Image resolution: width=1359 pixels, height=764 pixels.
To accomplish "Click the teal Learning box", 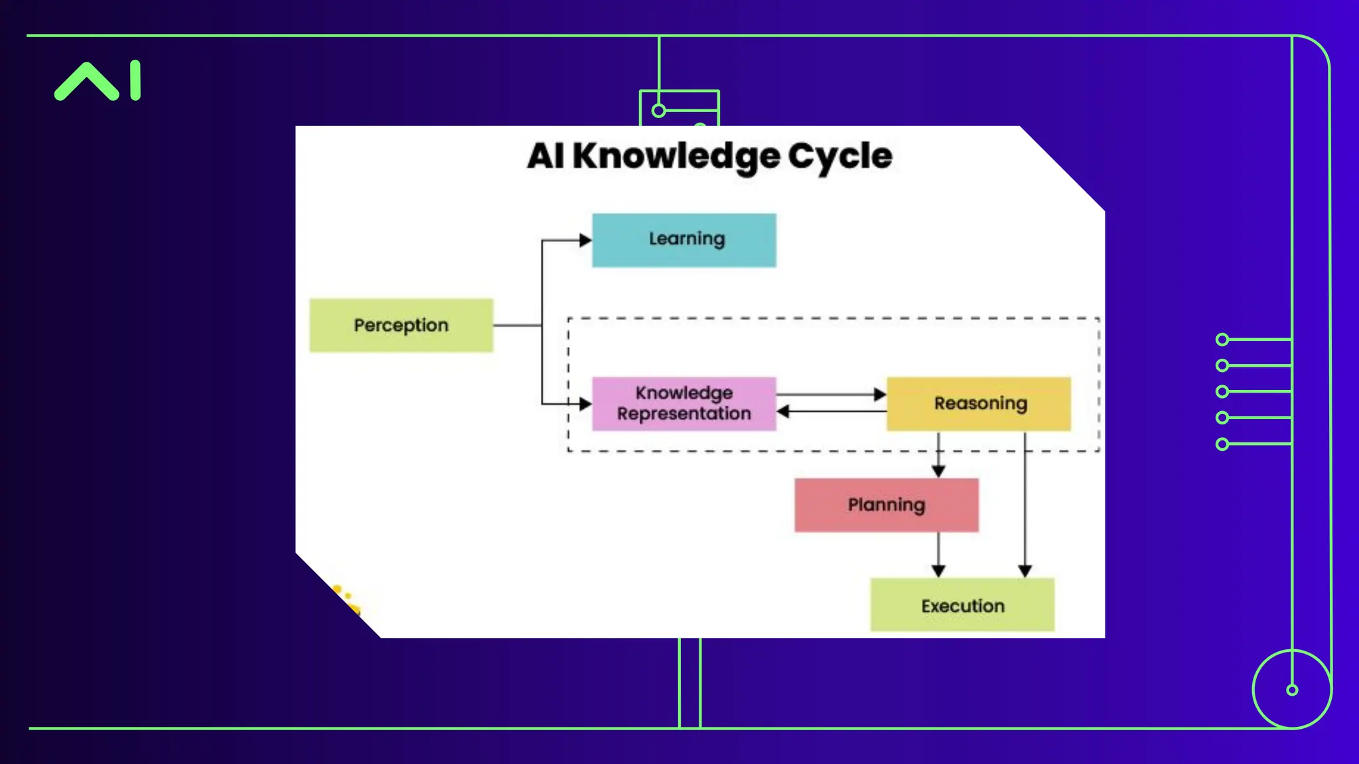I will click(683, 240).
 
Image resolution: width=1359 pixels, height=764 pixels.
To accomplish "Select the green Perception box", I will click(401, 325).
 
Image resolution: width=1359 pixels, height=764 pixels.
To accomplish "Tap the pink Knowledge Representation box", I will click(683, 403).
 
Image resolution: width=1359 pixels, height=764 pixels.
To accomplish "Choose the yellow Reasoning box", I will click(979, 403).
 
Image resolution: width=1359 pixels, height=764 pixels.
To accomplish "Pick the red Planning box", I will click(886, 505).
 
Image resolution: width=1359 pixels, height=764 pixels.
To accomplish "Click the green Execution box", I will click(962, 605).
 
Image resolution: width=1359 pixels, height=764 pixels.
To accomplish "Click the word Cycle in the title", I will click(840, 157).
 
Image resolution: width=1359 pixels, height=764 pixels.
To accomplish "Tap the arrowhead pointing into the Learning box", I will click(585, 240).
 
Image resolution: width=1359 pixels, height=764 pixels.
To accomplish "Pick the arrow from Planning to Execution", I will click(938, 554).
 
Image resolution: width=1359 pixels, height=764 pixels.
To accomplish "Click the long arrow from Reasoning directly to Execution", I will click(1025, 504).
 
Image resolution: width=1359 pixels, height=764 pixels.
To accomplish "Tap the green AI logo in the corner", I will click(98, 81).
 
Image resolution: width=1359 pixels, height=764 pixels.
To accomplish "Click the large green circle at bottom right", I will click(1292, 690).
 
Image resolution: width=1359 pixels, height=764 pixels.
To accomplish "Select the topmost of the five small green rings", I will click(1222, 340).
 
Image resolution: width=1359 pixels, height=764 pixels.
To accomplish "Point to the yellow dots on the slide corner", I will click(346, 599).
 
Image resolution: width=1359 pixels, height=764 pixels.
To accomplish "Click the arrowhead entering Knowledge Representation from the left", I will click(585, 403).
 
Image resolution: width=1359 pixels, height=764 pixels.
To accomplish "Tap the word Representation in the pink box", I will click(683, 414).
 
